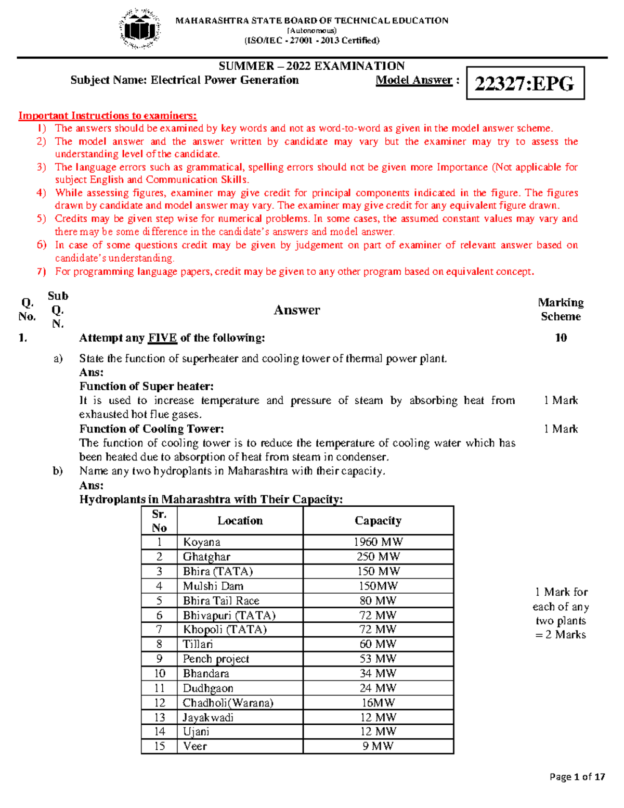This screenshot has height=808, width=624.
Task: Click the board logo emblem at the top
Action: click(x=139, y=29)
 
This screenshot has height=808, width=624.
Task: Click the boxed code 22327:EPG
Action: click(x=525, y=83)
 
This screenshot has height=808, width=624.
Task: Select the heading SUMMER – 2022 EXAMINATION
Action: click(x=311, y=66)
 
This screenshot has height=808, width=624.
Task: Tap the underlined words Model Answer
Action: click(x=414, y=80)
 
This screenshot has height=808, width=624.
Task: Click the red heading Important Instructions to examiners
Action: click(x=108, y=116)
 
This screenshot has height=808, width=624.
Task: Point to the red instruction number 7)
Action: click(x=42, y=272)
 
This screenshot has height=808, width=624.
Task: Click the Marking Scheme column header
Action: click(x=561, y=310)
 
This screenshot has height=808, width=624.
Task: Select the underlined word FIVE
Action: click(x=162, y=338)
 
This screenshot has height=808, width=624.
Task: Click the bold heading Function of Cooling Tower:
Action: click(x=151, y=429)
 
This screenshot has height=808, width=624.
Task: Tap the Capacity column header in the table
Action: click(x=378, y=521)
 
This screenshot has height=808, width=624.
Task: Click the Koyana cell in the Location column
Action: click(x=202, y=542)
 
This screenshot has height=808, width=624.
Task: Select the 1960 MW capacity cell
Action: click(x=378, y=542)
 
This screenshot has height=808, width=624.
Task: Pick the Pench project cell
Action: click(x=216, y=659)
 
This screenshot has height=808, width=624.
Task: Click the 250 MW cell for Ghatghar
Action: click(x=378, y=557)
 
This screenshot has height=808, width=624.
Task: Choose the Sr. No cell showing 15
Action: click(x=159, y=746)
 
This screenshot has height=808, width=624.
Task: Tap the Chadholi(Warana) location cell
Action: click(x=228, y=702)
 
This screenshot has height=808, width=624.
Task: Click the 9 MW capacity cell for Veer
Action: click(x=378, y=746)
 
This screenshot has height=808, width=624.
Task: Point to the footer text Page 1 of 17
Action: click(x=577, y=777)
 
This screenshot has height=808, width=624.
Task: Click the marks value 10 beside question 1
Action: click(x=561, y=338)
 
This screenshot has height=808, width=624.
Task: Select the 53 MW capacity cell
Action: click(x=378, y=659)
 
